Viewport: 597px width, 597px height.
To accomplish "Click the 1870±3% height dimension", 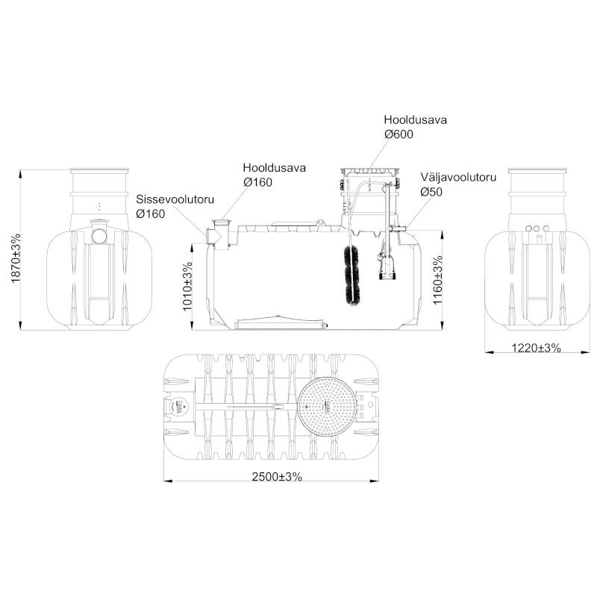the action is pos(16,257).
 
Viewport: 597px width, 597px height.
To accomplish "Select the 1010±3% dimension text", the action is pos(187,286).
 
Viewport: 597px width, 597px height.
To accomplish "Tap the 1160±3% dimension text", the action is pos(438,280).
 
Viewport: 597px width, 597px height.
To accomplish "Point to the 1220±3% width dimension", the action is pos(536,348).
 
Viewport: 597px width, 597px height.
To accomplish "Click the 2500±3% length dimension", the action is pos(277,476).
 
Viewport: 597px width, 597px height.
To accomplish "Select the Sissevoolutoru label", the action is pos(175,199).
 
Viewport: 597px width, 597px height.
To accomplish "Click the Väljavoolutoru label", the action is pos(458,178).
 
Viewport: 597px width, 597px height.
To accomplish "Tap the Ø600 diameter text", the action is pos(398,134).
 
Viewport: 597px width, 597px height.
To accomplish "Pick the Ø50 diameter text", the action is pos(431,192).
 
